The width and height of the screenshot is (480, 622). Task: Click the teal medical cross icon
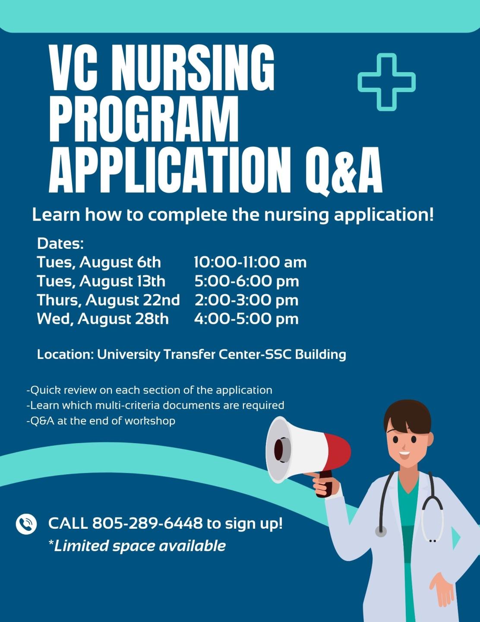[386, 82]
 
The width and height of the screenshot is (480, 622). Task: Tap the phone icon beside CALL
[26, 524]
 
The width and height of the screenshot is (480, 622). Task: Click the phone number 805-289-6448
[147, 523]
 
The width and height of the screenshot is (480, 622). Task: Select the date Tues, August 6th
[98, 262]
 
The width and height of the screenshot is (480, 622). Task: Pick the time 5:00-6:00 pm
[246, 281]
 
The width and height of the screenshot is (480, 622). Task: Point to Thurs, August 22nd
[108, 300]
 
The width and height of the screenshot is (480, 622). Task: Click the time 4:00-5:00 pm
[246, 319]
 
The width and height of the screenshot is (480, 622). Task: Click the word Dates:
[60, 244]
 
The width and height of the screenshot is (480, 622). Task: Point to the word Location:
[65, 355]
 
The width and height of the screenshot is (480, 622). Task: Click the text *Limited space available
[137, 546]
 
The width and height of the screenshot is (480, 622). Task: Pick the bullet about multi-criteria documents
[155, 405]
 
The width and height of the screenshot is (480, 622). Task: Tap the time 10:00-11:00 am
[250, 262]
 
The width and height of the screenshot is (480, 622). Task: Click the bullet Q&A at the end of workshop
[101, 421]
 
